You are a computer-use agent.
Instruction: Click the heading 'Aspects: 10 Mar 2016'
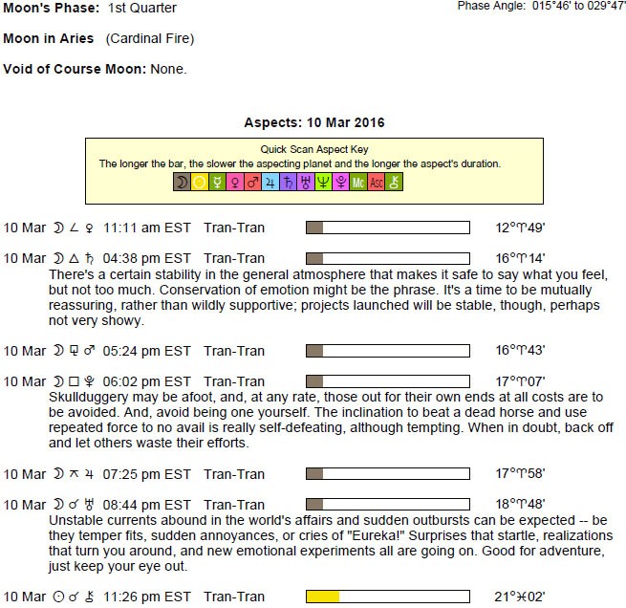[x=314, y=123]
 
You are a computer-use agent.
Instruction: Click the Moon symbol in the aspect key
[x=181, y=182]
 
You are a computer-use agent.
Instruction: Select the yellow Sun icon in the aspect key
[x=198, y=182]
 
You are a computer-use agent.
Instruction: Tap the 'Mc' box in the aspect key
[x=358, y=182]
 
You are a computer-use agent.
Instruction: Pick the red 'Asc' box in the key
[x=377, y=182]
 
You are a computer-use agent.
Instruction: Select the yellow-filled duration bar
[x=387, y=597]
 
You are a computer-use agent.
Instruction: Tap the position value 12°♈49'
[x=520, y=228]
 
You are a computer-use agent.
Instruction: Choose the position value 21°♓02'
[x=520, y=597]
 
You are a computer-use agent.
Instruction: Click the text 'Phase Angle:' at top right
[x=490, y=7]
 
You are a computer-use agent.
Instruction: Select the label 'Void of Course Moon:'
[x=72, y=69]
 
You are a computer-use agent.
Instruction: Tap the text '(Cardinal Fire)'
[x=150, y=39]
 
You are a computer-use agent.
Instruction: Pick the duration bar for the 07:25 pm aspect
[x=387, y=473]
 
